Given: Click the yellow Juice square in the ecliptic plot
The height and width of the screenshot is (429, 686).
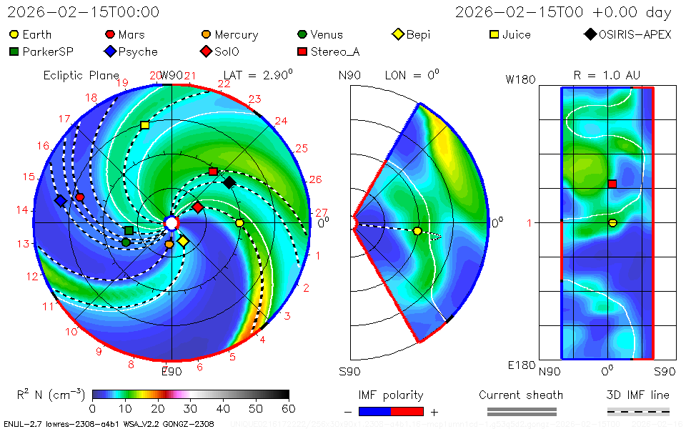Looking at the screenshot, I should coord(145,125).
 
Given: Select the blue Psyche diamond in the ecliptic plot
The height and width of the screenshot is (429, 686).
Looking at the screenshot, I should coord(61,202).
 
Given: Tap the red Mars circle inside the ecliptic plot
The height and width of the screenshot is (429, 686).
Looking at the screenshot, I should coord(80,197).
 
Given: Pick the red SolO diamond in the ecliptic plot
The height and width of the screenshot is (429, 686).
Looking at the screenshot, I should coord(198,207).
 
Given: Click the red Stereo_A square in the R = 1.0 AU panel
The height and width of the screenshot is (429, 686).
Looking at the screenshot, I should coord(612,184).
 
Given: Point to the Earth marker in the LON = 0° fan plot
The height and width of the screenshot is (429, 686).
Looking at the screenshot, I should coord(417,231).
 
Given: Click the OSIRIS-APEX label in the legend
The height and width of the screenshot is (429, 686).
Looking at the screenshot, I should coord(635,34).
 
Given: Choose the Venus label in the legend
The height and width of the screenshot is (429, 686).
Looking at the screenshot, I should coord(326,34).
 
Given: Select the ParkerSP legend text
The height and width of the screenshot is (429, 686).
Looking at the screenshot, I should coord(48,51).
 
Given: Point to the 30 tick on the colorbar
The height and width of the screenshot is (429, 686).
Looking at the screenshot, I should coord(190,408).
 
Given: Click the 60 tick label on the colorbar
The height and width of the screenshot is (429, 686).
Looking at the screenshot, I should coord(289,408).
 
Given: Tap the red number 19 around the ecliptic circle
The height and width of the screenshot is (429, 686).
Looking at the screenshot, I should coord(121,83).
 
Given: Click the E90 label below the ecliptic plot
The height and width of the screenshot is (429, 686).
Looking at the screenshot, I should coord(171,371).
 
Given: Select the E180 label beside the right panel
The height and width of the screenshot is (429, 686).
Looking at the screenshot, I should coord(522,365).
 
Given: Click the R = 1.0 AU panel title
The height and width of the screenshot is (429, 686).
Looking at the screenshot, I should coord(607,75).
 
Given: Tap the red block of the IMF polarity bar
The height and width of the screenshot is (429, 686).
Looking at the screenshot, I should coord(407,411).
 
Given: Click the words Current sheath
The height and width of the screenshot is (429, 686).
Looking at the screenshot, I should coord(521,395).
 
